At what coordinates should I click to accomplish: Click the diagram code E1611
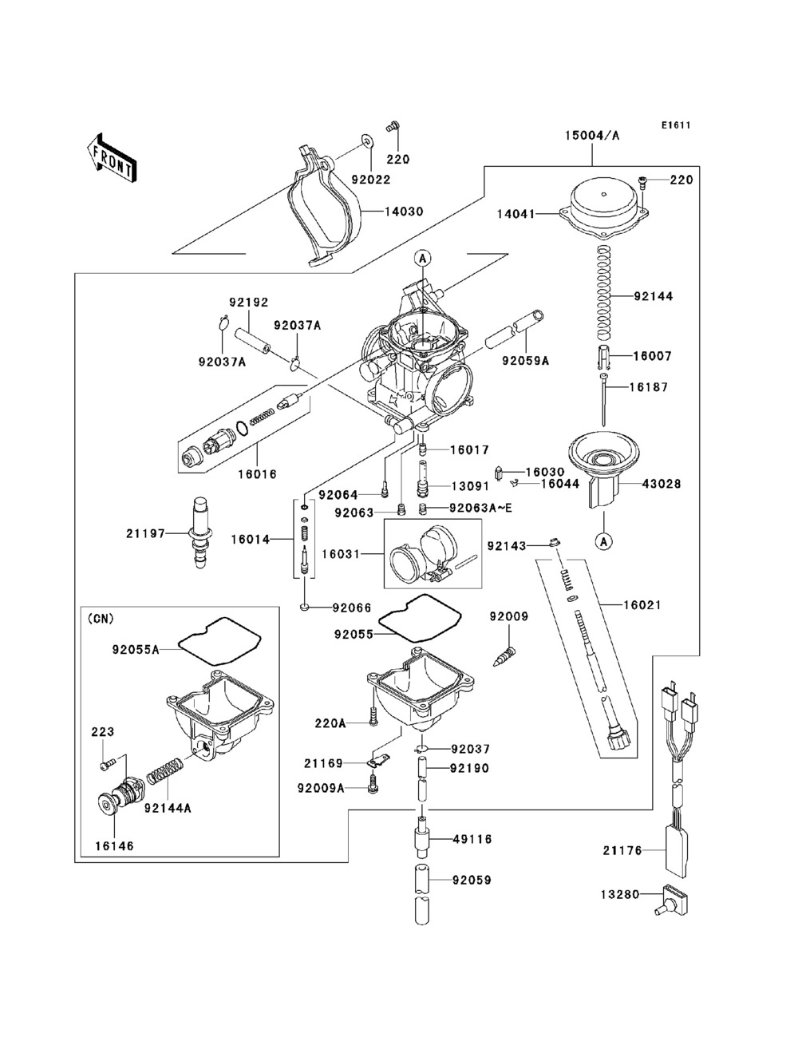[x=675, y=125]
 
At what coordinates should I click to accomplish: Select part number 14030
[x=404, y=212]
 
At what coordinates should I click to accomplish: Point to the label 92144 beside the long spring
[x=654, y=296]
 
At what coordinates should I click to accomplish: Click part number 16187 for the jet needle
[x=648, y=387]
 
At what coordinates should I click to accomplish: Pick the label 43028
[x=662, y=484]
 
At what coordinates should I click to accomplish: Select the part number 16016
[x=257, y=473]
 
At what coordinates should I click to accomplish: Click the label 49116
[x=472, y=839]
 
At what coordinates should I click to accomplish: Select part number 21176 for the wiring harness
[x=622, y=851]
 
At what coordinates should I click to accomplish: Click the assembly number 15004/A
[x=593, y=136]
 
